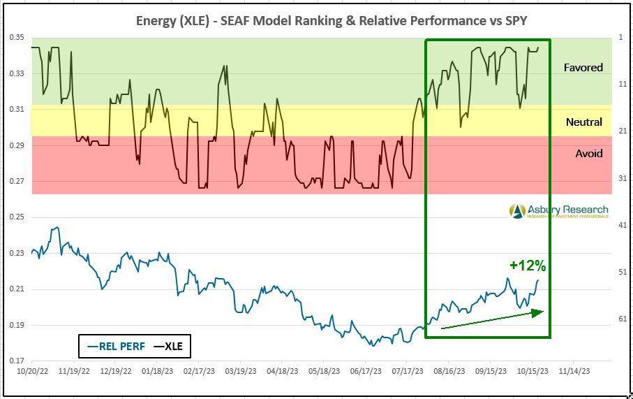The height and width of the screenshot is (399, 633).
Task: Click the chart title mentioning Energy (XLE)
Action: tap(332, 21)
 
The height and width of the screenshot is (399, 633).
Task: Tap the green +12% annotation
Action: tap(527, 266)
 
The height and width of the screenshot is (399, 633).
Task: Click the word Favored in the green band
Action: tap(583, 68)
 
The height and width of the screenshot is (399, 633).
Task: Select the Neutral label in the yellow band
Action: tap(583, 122)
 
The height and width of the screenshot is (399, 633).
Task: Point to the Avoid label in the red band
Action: tap(588, 153)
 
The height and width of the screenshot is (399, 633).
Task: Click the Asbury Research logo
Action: tap(558, 210)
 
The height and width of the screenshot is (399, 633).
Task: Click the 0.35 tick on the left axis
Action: tap(17, 37)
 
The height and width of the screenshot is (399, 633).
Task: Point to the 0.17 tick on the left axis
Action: tap(17, 361)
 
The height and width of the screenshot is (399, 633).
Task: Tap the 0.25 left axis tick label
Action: tap(17, 217)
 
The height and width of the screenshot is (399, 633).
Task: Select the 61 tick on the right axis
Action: tap(621, 319)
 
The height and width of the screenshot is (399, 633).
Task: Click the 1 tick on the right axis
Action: tap(621, 37)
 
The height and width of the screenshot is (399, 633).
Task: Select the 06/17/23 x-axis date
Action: tap(365, 372)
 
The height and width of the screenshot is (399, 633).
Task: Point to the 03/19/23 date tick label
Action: tap(241, 372)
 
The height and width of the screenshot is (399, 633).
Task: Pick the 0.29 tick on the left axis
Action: tap(17, 145)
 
